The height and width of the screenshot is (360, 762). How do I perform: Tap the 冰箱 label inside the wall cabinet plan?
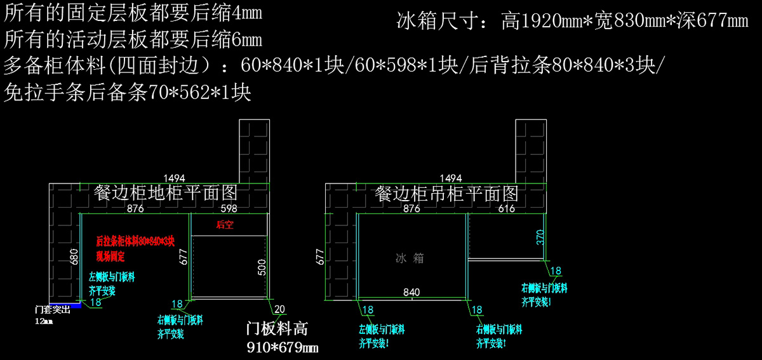410,258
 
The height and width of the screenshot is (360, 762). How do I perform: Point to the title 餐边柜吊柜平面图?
446,192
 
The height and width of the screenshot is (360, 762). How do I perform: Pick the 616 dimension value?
506,208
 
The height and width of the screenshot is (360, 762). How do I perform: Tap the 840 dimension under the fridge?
411,292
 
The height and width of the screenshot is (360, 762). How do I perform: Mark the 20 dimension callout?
279,309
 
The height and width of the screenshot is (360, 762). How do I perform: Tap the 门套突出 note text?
53,311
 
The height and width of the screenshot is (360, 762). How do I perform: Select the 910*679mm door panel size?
282,347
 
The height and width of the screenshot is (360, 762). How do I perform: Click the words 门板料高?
277,329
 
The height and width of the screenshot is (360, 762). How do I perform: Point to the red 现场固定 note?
110,257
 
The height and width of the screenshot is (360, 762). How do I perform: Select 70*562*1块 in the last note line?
201,94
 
